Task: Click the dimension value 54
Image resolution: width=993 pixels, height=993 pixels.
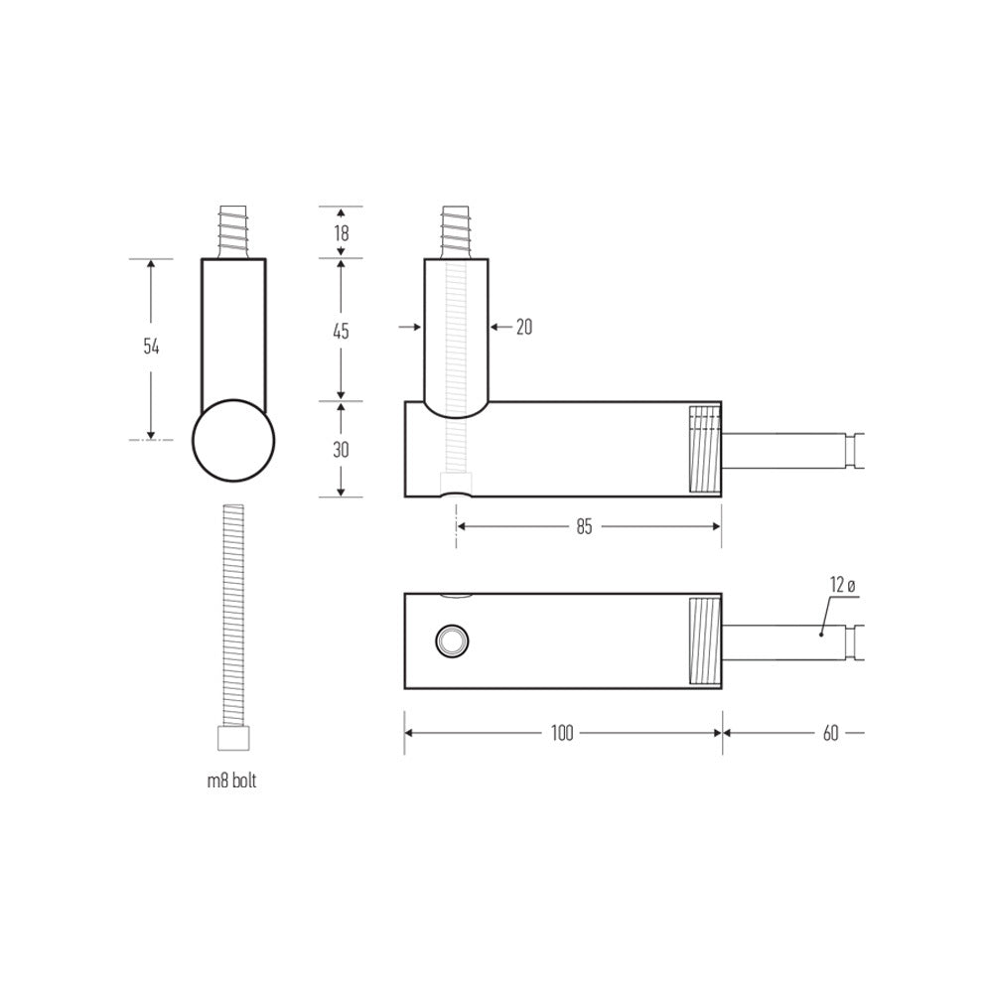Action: (x=151, y=347)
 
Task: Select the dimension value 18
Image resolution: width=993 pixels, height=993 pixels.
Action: (x=341, y=234)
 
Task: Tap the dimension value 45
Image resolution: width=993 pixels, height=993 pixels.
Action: (x=341, y=331)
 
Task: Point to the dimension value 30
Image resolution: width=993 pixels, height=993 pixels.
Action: (x=341, y=449)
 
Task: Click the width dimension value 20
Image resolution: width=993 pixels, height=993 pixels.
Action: (x=523, y=326)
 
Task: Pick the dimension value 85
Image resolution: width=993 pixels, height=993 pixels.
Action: (x=583, y=527)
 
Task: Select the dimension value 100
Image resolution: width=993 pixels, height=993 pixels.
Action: (x=562, y=733)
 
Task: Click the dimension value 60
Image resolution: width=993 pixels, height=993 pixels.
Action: (x=830, y=733)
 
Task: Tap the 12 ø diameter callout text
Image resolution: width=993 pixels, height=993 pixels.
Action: (x=842, y=585)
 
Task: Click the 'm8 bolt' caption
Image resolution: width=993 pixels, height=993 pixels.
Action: (x=232, y=781)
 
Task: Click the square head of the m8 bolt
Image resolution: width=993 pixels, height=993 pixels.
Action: (x=233, y=740)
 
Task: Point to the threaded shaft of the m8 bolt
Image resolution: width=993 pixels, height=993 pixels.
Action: (x=233, y=616)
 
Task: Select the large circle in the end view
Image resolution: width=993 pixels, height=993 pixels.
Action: (x=233, y=441)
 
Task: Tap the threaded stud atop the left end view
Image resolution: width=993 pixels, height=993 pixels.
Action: (x=233, y=232)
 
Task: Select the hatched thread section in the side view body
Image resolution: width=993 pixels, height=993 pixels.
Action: (x=704, y=449)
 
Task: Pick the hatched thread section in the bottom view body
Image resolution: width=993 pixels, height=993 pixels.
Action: (x=704, y=640)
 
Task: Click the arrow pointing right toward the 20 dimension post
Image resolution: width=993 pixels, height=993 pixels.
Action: (x=407, y=326)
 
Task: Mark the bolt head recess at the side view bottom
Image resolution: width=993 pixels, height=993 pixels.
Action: (x=456, y=487)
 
